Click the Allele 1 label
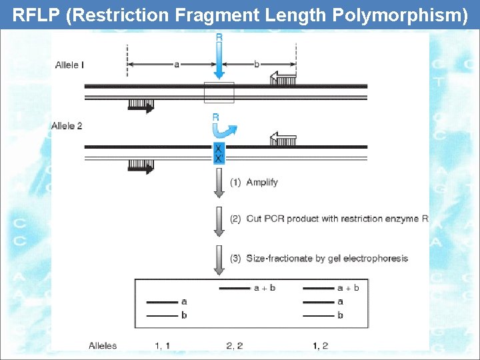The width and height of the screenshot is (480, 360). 69,65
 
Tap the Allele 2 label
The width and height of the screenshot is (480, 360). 67,126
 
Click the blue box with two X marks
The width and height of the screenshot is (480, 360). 219,153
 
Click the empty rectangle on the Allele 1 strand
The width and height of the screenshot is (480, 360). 219,92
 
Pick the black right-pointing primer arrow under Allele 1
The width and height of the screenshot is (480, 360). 141,105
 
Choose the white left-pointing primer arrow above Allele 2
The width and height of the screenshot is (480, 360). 283,139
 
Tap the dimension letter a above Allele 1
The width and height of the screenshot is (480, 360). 177,64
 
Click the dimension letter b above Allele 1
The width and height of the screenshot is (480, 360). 257,64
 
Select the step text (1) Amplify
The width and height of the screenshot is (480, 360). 254,182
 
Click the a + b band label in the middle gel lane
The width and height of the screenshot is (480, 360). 265,288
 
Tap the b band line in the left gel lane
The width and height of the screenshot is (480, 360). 161,315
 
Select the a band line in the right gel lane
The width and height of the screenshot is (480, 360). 319,302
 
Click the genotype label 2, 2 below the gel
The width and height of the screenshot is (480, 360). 234,345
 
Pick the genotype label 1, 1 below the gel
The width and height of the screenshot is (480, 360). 162,345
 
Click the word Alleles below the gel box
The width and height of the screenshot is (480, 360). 103,345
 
